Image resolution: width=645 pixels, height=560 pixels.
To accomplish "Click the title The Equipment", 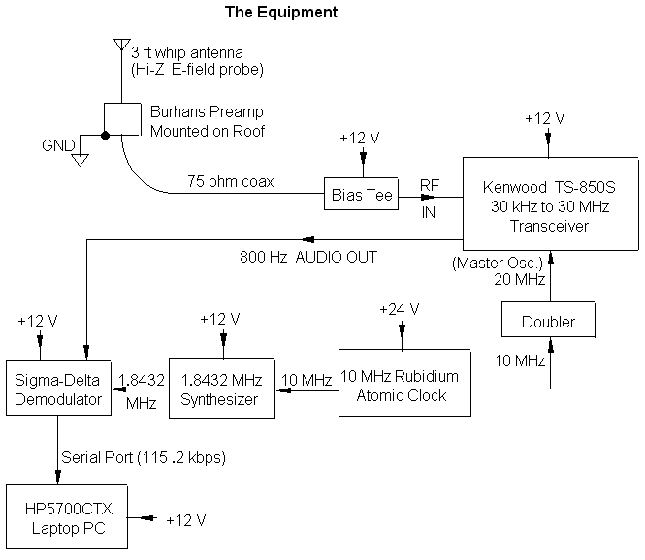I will tap(281, 13).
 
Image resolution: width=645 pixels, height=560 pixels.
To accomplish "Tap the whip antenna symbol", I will tap(120, 46).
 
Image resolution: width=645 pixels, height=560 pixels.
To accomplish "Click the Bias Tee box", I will tap(361, 195).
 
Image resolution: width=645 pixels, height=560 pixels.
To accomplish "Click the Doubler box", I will tap(549, 322).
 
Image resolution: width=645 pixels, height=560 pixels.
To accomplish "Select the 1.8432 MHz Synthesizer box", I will tap(223, 389).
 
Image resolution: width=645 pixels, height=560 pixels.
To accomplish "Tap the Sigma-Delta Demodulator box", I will tap(59, 389).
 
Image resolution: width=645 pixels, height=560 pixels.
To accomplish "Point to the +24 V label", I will tap(400, 309).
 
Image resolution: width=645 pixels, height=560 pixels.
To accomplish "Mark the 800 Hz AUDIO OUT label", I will tap(307, 258).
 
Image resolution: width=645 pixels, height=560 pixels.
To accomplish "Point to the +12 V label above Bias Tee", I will tap(361, 138).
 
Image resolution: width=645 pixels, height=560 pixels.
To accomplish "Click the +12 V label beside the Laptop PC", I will tap(185, 520).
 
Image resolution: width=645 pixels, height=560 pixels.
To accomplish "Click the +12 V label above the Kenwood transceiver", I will tap(544, 118).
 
